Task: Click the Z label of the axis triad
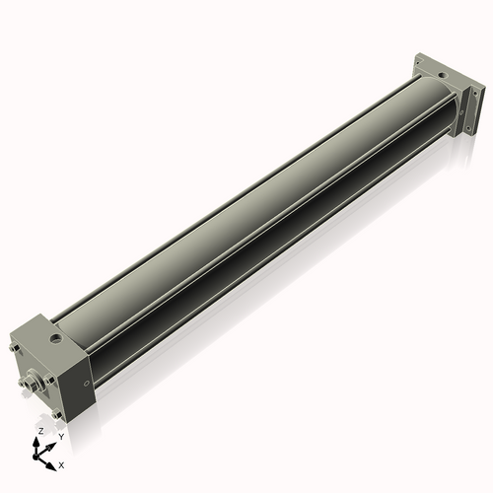pos(39,432)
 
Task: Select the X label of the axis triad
pos(61,463)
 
